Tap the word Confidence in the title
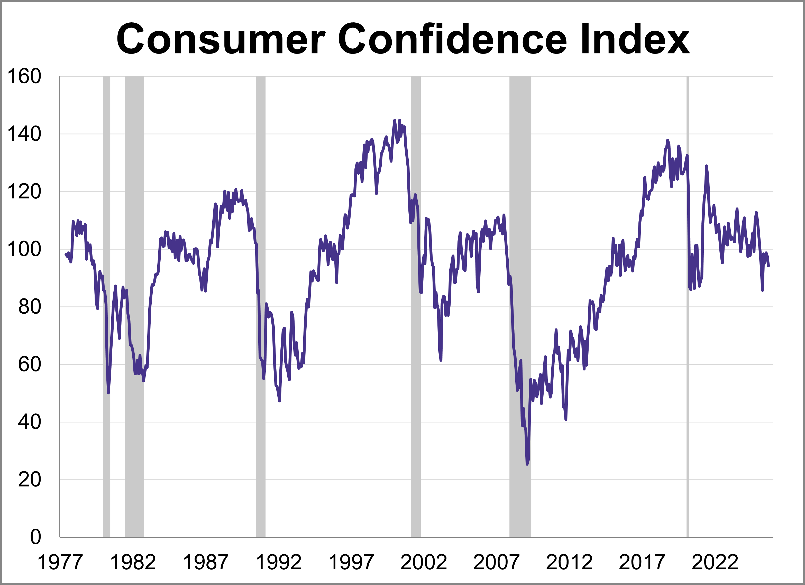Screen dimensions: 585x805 453,39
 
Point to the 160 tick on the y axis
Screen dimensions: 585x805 24,76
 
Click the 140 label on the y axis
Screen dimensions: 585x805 24,134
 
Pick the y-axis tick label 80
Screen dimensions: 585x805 30,307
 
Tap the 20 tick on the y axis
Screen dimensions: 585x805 30,480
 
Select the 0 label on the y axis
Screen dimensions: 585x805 35,537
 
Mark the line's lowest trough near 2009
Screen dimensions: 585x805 527,464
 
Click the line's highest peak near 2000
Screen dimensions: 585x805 395,120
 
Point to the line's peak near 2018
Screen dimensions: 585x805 668,140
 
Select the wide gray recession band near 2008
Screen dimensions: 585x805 520,305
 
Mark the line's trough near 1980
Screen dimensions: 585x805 108,393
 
